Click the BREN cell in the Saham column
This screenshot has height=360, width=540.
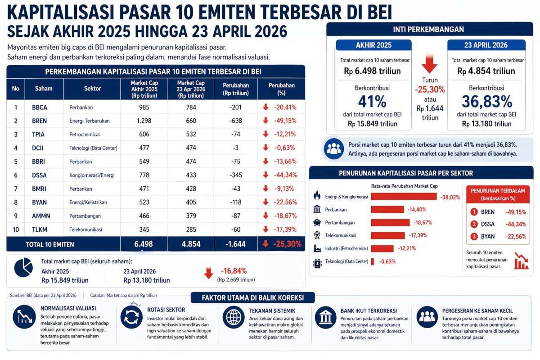coord(40,121)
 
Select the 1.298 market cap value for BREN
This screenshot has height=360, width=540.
coord(144,121)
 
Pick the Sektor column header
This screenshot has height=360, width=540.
coord(92,89)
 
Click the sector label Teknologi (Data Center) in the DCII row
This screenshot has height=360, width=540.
coord(93,148)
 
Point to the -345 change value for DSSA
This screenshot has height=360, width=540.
coord(235,175)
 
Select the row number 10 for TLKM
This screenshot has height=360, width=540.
coord(16,229)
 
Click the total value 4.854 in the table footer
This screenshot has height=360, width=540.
coord(190,244)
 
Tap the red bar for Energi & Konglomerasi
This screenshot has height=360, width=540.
coord(404,196)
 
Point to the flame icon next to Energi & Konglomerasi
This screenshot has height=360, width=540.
coord(317,196)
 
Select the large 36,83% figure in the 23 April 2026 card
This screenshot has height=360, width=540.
coord(486,100)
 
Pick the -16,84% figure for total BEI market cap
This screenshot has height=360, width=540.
coord(234,270)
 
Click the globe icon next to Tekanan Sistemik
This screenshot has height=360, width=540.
coord(233,317)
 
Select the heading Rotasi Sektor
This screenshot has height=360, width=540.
coord(166,310)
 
